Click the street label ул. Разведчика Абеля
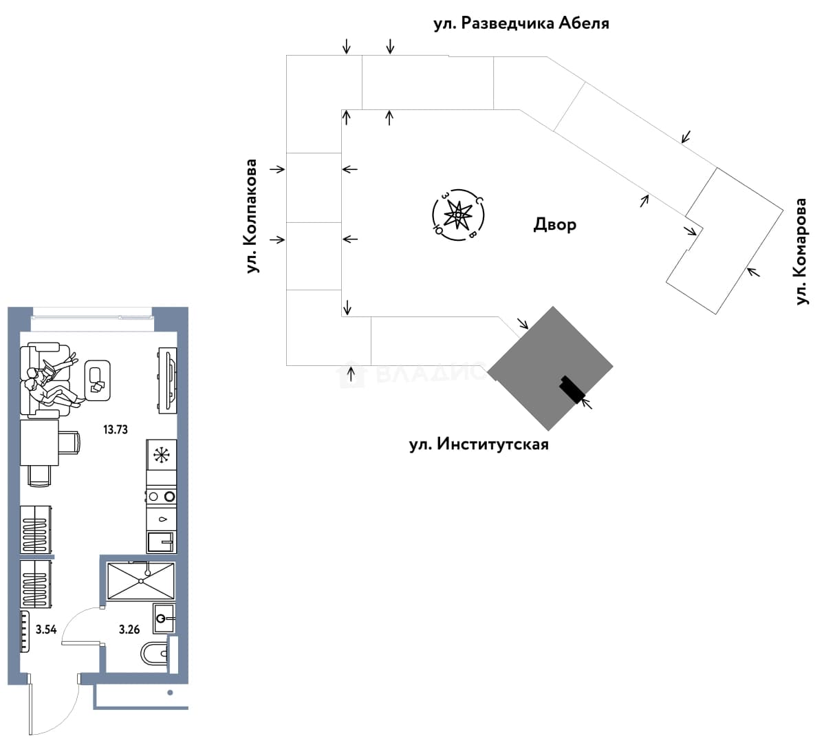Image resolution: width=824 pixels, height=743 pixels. (521, 23)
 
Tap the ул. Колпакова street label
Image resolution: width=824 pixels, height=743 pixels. (252, 216)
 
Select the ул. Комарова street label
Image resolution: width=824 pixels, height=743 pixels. (801, 251)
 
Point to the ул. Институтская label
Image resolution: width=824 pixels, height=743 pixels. (479, 444)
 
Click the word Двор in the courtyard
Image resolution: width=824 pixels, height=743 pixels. (555, 224)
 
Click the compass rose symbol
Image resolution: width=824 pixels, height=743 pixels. (458, 215)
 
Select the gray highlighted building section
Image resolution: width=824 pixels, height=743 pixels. (550, 368)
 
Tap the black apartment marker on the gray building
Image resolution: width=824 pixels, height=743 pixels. (572, 390)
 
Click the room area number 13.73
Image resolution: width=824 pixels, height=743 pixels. (116, 430)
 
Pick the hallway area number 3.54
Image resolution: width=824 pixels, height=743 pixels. (46, 629)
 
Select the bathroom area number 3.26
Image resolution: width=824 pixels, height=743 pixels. (129, 629)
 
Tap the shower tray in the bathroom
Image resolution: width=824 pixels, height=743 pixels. (141, 581)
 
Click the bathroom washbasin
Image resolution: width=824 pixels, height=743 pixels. (164, 618)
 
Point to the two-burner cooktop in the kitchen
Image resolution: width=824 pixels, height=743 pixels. (162, 496)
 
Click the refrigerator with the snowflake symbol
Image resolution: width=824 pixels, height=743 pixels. (162, 455)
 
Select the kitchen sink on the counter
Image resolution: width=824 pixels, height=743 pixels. (162, 541)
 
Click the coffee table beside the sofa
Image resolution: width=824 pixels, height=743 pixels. (97, 380)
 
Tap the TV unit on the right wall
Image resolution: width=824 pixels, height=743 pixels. (168, 380)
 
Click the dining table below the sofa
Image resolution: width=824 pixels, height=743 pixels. (39, 442)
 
